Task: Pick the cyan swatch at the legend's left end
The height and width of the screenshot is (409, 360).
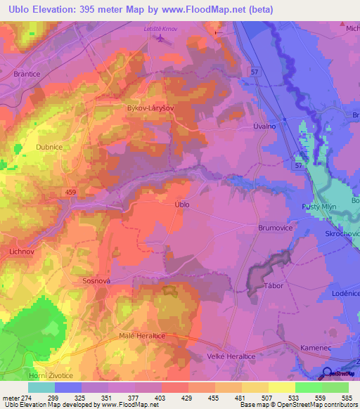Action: tap(41, 387)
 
